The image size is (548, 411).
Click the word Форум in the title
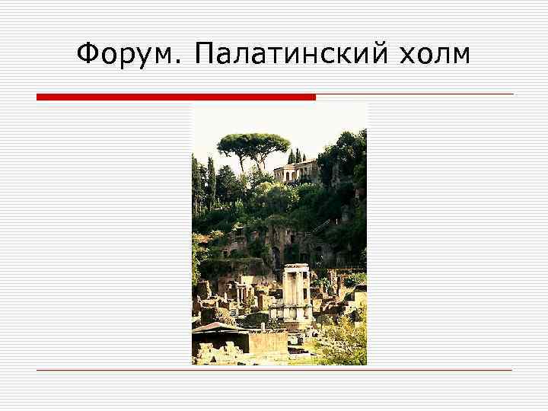click(126, 55)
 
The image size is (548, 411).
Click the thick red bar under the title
click(176, 97)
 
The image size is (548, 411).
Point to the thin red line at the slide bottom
click(274, 370)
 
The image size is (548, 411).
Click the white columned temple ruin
click(296, 293)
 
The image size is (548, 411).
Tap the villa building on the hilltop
click(295, 171)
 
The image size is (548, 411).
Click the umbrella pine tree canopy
click(253, 142)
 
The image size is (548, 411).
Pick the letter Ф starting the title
click(89, 55)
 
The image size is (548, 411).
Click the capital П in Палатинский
click(205, 55)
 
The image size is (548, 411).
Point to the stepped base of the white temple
click(295, 314)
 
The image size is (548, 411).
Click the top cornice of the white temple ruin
click(296, 267)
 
